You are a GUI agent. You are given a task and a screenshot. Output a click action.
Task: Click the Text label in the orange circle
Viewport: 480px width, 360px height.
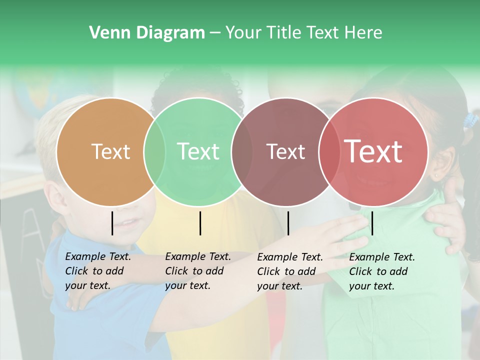pyautogui.click(x=110, y=151)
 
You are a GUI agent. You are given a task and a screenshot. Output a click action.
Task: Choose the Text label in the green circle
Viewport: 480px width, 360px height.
pyautogui.click(x=198, y=151)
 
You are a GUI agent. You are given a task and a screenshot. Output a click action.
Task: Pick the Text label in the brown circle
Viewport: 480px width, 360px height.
pyautogui.click(x=285, y=151)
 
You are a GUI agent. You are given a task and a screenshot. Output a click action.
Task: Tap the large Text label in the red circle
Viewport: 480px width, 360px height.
pyautogui.click(x=373, y=151)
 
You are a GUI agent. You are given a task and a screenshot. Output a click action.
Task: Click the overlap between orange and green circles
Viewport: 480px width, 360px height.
pyautogui.click(x=154, y=151)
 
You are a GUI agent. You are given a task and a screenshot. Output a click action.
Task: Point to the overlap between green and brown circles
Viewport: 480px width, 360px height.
pyautogui.click(x=242, y=151)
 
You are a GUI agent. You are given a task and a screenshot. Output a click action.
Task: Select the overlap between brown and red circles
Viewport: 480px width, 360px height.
pyautogui.click(x=329, y=151)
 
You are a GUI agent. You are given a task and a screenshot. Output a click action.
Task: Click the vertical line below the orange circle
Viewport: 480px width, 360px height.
pyautogui.click(x=112, y=223)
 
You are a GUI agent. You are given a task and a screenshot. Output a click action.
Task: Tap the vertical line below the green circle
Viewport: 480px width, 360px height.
pyautogui.click(x=200, y=223)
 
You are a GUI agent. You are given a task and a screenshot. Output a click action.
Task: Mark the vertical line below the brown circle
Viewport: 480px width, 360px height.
pyautogui.click(x=288, y=223)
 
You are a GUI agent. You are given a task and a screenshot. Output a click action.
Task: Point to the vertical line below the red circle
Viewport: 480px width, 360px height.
pyautogui.click(x=372, y=223)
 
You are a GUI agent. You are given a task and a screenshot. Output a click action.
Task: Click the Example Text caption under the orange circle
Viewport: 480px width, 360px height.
pyautogui.click(x=98, y=271)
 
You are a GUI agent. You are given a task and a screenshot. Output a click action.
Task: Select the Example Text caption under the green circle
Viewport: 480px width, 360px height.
pyautogui.click(x=198, y=271)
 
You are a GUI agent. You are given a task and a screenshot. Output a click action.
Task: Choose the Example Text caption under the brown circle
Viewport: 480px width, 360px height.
pyautogui.click(x=290, y=271)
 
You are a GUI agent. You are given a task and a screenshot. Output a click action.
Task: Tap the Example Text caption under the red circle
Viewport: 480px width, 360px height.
pyautogui.click(x=382, y=271)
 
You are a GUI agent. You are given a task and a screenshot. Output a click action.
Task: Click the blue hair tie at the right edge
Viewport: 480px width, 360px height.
pyautogui.click(x=470, y=120)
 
